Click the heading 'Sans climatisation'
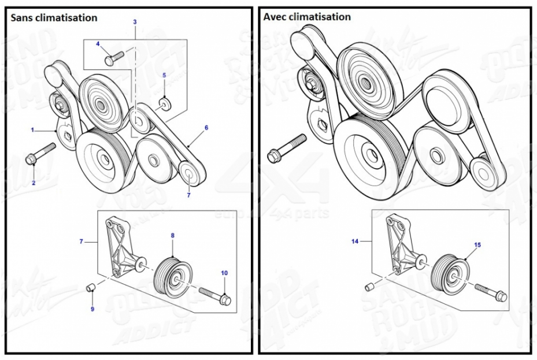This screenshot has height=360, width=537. click(54, 18)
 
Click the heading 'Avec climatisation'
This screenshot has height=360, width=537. click(307, 17)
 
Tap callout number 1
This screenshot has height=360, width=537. click(33, 130)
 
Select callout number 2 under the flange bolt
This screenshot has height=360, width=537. click(34, 183)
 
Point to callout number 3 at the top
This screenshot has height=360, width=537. click(135, 22)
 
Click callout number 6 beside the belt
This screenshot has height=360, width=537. click(206, 128)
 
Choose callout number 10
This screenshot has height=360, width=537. click(224, 272)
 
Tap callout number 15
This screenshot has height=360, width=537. click(477, 245)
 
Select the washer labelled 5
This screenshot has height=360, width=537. click(164, 103)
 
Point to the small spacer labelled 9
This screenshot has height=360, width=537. click(91, 288)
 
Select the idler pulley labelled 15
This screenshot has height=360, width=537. click(452, 273)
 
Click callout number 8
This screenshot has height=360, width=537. click(172, 236)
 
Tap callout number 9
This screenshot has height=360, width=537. click(92, 309)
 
